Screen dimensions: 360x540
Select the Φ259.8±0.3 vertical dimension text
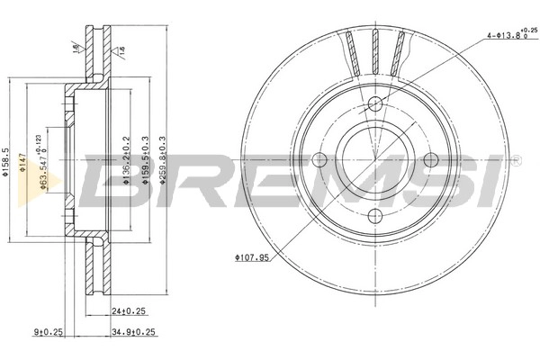coord(162,161)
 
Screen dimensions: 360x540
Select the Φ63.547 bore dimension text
coord(45,161)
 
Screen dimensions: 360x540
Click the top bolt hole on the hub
coord(375,103)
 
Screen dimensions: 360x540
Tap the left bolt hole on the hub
coord(319,160)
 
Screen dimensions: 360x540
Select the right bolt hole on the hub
coord(431,160)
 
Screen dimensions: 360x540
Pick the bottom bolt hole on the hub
coord(375,216)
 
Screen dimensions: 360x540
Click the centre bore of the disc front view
coord(375,160)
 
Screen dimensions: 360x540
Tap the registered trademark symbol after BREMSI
coord(515,163)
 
